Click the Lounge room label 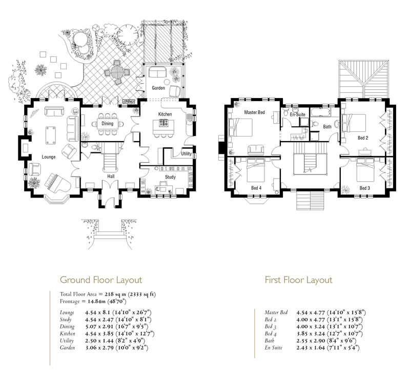(x=49, y=157)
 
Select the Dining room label (x=107, y=123)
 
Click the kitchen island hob (x=163, y=123)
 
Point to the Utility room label (x=186, y=154)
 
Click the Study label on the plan (x=170, y=177)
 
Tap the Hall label (x=111, y=176)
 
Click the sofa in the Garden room (x=157, y=72)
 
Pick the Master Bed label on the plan (x=254, y=112)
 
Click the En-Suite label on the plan (x=298, y=114)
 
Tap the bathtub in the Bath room (x=320, y=112)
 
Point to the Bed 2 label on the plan (x=363, y=138)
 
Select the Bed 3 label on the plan (x=365, y=188)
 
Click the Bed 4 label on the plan (x=256, y=188)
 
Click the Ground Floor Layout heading (x=101, y=280)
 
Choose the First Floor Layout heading (x=299, y=280)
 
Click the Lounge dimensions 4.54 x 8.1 (x=96, y=313)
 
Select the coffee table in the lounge (x=51, y=135)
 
